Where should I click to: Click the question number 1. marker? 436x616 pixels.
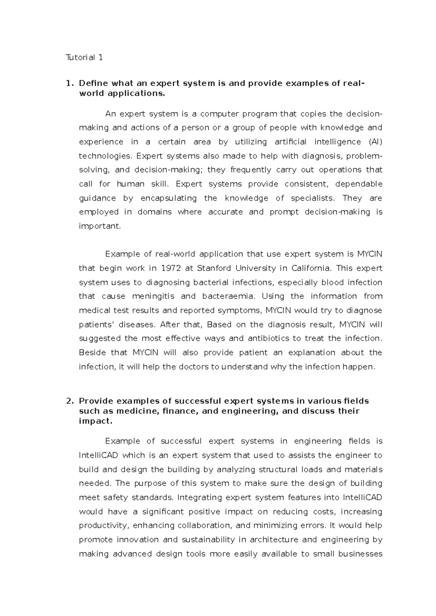[69, 83]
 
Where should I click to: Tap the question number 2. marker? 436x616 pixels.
[69, 401]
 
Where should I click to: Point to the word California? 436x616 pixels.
[311, 268]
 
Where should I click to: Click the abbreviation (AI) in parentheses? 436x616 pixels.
[375, 142]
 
